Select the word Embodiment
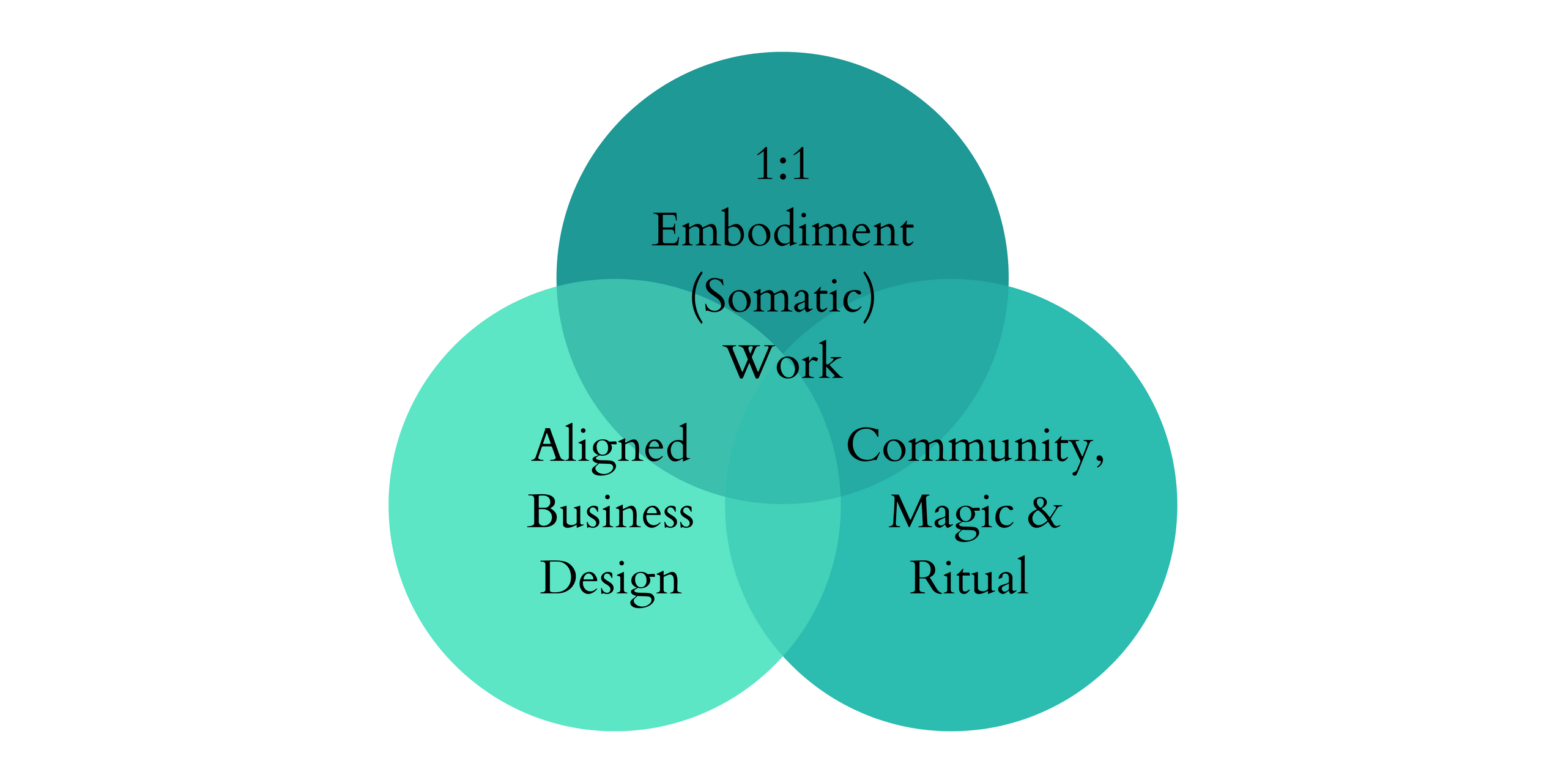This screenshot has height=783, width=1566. tap(782, 230)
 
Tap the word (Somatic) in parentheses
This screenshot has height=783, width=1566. tap(783, 297)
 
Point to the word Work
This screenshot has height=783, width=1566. tap(784, 362)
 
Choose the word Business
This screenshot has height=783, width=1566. tap(610, 512)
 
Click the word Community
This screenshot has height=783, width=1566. tap(970, 447)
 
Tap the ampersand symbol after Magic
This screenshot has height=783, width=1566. tap(1044, 512)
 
